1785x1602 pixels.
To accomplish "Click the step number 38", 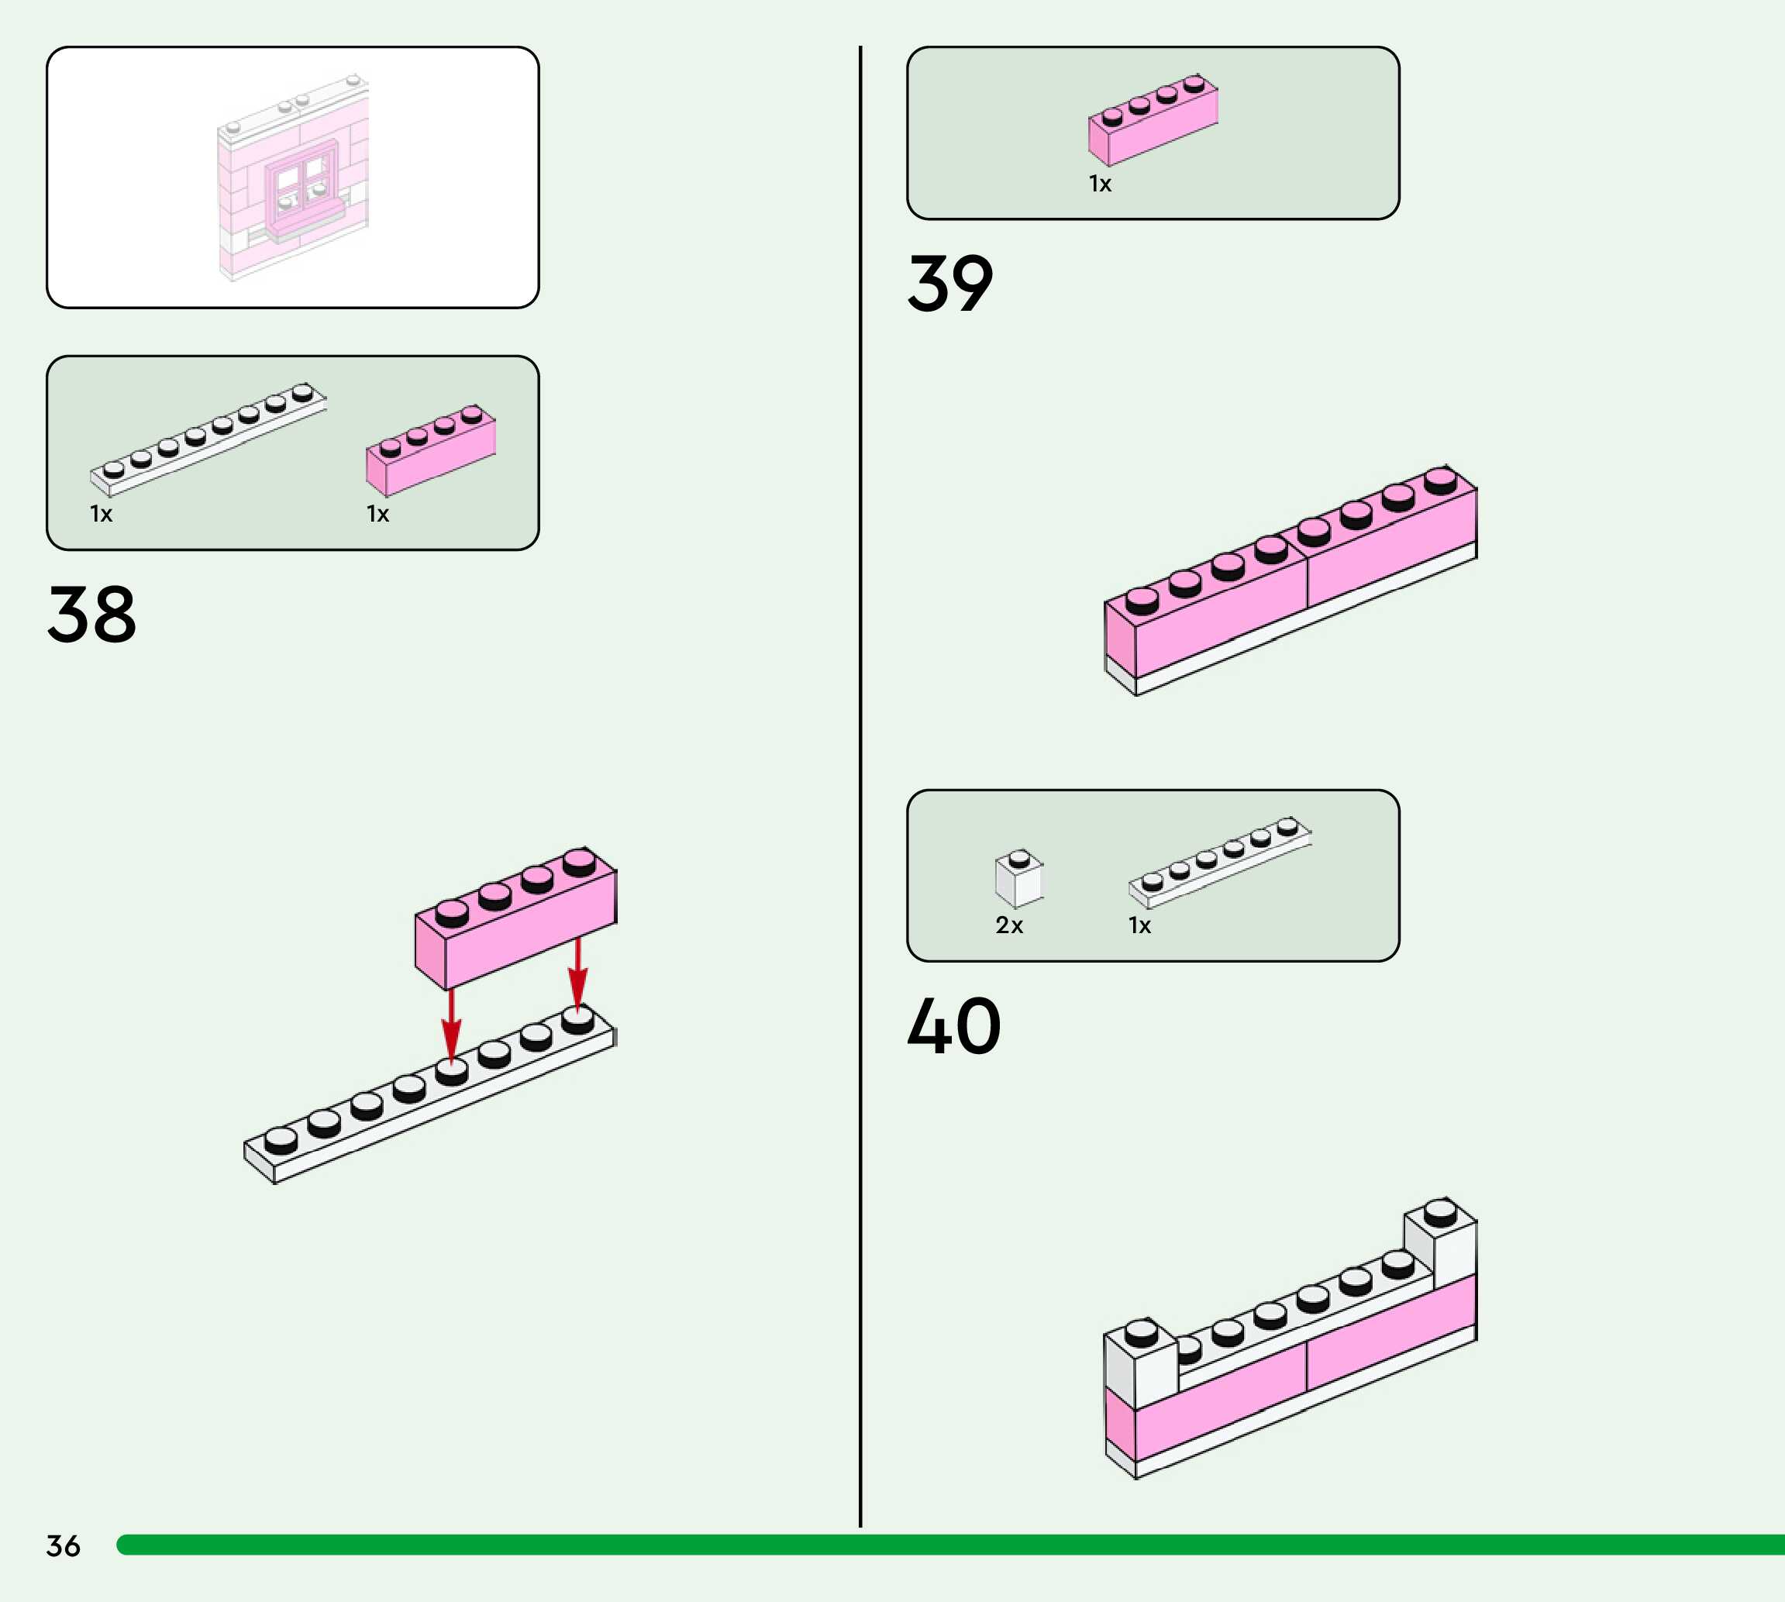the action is coord(91,615).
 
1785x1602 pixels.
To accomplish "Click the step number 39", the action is coord(949,284).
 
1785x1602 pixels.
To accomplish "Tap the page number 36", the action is coord(64,1545).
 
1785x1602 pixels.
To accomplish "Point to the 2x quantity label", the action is coord(1008,925).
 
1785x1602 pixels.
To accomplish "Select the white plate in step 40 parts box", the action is coord(1219,862).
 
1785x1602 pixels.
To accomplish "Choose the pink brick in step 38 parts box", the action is coord(430,450).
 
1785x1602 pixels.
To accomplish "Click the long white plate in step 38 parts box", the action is coord(208,440).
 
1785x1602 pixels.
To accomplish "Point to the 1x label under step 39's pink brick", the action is coord(1101,183).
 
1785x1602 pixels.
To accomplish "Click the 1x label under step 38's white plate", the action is coord(102,513).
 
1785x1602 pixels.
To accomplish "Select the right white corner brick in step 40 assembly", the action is coord(1441,1239).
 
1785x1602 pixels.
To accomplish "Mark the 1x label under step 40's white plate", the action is coord(1140,925).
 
